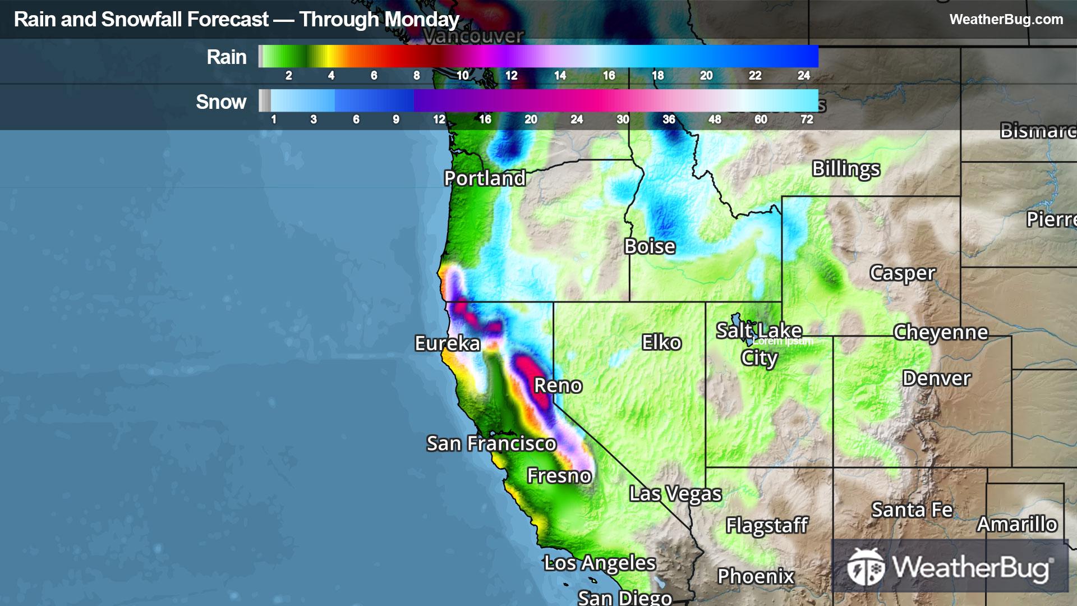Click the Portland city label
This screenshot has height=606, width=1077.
(x=485, y=178)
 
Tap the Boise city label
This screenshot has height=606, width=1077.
(x=650, y=246)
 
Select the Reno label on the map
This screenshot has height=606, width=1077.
(x=558, y=385)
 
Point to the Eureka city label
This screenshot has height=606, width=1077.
(x=447, y=343)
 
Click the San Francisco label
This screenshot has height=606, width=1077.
(x=491, y=444)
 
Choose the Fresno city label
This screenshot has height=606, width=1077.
(x=559, y=476)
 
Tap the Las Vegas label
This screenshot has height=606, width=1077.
(x=675, y=494)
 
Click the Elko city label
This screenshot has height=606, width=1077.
(x=661, y=342)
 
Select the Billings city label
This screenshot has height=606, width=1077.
(x=846, y=168)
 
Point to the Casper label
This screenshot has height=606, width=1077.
(x=902, y=273)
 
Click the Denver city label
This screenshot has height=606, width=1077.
(x=936, y=378)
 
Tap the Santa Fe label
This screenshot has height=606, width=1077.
(x=912, y=510)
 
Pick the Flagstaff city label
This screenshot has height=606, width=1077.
(x=766, y=526)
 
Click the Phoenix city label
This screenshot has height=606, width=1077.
(x=756, y=576)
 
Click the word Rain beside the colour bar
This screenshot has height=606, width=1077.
(x=226, y=57)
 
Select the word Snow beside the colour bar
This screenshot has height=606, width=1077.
(x=220, y=102)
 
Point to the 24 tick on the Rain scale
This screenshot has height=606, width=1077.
(x=803, y=75)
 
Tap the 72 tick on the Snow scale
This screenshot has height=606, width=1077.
(x=807, y=119)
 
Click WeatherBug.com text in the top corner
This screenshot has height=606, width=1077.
(x=1006, y=19)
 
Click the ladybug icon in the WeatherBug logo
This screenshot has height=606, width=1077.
(x=865, y=566)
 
